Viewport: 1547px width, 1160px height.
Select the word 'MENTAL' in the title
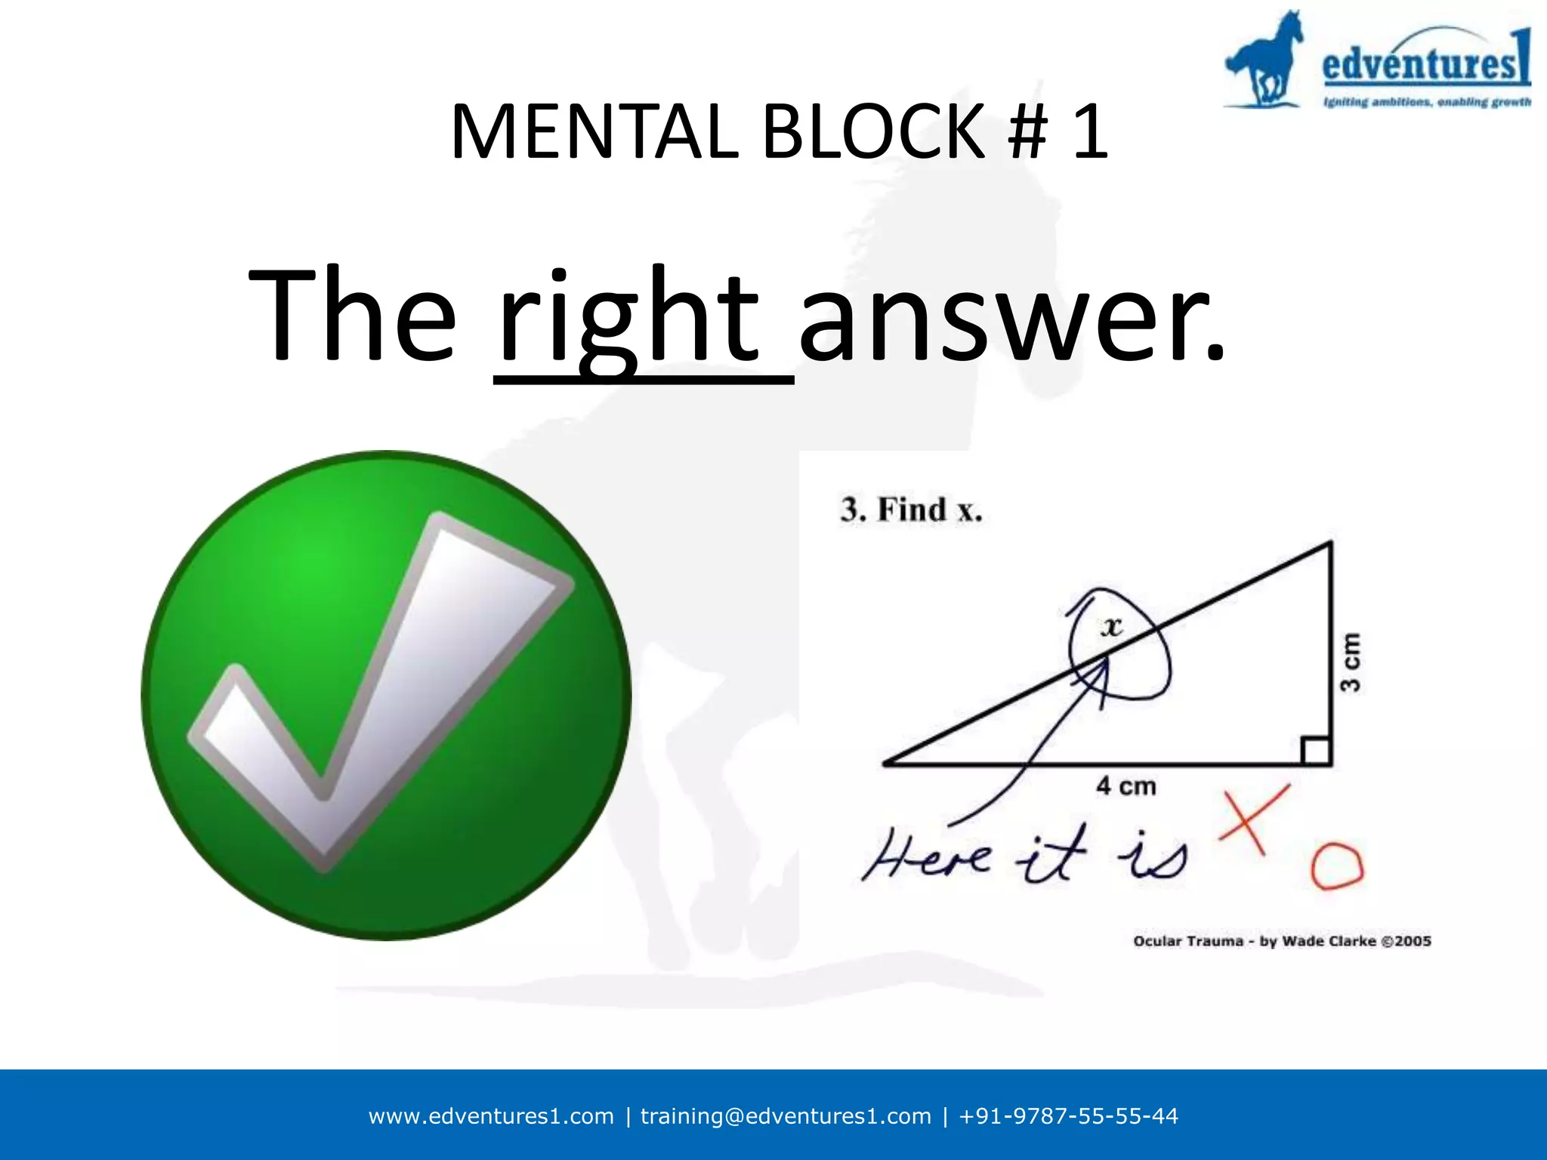point(594,133)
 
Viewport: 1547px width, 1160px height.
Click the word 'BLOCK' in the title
point(875,133)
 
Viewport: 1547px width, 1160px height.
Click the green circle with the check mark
point(386,695)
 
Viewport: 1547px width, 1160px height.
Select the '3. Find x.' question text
point(911,510)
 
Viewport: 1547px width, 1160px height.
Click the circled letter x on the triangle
point(1111,626)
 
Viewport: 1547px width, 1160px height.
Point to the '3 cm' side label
point(1351,662)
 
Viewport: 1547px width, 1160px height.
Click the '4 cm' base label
point(1126,786)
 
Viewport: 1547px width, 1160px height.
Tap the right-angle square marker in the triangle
point(1315,751)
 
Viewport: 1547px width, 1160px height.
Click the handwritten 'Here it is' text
point(1024,856)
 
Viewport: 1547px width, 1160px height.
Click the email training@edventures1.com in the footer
point(786,1116)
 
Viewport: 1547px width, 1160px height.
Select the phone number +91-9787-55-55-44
point(1068,1116)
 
